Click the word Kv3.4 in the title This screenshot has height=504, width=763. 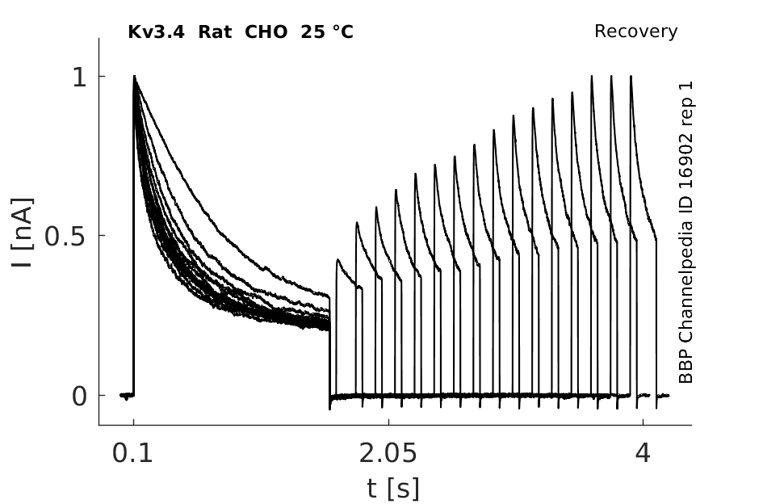tap(156, 32)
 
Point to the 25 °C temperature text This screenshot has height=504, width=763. tap(327, 32)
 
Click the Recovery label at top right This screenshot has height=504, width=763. tap(635, 31)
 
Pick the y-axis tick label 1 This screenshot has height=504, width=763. tap(79, 77)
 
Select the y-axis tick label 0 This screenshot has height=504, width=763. tap(79, 397)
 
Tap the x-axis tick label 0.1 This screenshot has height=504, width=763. tap(132, 453)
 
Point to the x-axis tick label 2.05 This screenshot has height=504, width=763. tap(388, 453)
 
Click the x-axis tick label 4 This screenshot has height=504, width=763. tap(643, 453)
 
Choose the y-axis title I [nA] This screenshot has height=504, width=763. tap(23, 233)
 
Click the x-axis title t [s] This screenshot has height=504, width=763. tap(392, 489)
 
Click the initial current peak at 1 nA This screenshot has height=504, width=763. tap(134, 76)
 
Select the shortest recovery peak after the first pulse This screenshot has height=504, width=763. tap(338, 260)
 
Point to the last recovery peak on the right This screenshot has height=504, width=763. tap(631, 76)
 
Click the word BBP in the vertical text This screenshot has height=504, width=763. tap(685, 365)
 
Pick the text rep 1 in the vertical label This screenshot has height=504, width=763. tap(685, 107)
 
